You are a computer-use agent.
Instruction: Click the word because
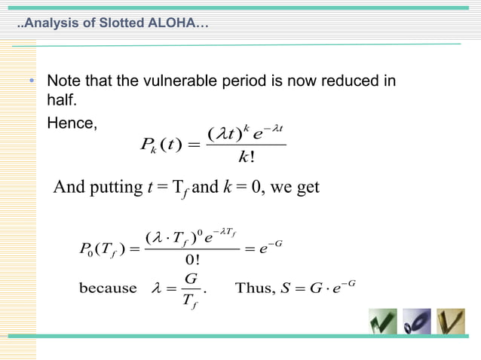pos(107,288)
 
